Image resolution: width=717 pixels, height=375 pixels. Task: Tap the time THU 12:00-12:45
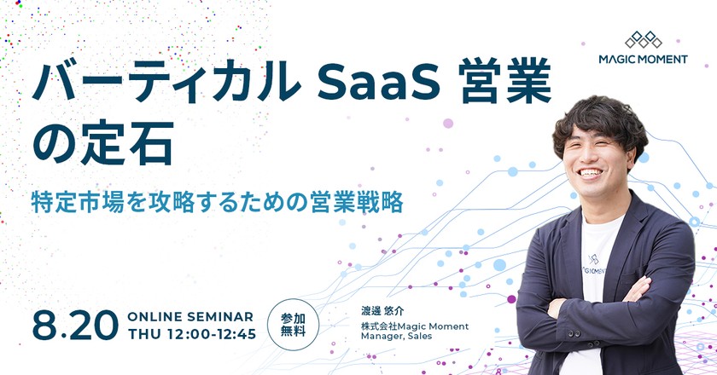pyautogui.click(x=191, y=333)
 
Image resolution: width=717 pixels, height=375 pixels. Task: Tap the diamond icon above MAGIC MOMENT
pyautogui.click(x=644, y=37)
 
